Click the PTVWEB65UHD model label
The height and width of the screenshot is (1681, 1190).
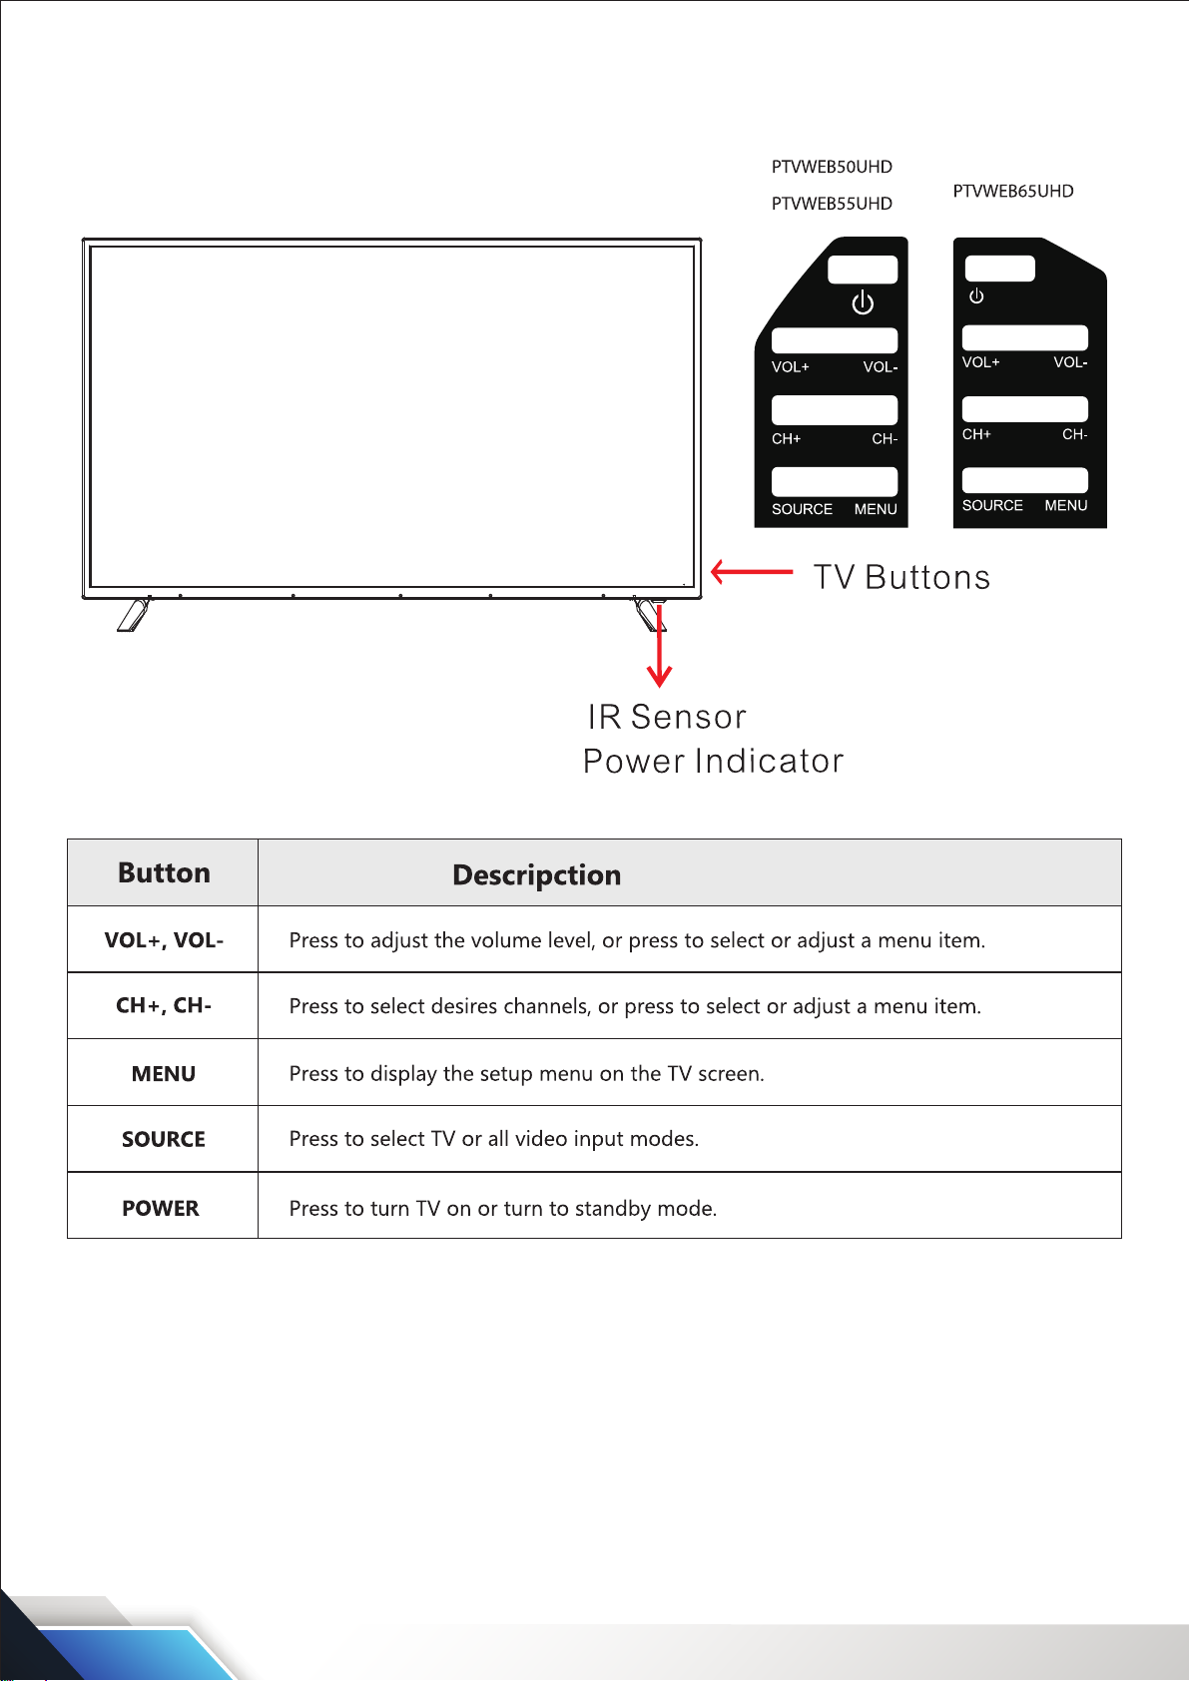coord(1013,191)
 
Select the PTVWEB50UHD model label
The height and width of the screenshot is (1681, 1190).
coord(832,167)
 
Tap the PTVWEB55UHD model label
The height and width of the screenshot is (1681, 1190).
coord(832,204)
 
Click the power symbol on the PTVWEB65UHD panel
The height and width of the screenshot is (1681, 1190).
coord(976,296)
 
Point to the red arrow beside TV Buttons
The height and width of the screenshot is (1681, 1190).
coord(751,572)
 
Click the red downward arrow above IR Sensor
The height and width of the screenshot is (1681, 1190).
coord(659,649)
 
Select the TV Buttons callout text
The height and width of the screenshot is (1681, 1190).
coord(901,577)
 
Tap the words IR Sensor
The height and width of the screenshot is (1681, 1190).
coord(667,717)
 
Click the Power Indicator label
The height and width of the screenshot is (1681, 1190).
coord(713,761)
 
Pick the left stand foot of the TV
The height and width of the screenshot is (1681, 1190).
coord(133,614)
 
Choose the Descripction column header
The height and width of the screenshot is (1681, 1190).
coord(536,875)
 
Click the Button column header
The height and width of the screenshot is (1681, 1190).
coord(164,873)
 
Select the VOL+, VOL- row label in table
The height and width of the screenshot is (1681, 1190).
coord(164,940)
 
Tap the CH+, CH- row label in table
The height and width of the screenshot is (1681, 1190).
coord(164,1005)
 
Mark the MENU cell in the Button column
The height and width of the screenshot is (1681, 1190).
coord(164,1074)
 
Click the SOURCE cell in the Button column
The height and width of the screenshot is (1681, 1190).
coord(164,1139)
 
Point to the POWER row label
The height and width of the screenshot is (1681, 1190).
coord(161,1208)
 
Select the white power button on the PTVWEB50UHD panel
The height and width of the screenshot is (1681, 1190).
coord(863,270)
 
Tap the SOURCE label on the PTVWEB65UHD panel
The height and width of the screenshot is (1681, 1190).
coord(992,505)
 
